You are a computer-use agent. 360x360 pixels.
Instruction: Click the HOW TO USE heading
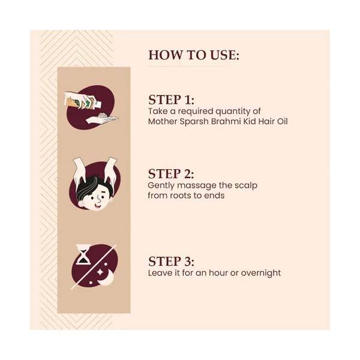tap(194, 55)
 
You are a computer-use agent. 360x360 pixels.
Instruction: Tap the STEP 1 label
tap(171, 100)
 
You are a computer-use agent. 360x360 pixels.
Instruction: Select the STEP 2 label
tap(171, 174)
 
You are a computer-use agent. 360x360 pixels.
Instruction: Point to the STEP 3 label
tap(171, 262)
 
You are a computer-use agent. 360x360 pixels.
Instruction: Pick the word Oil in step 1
tap(282, 121)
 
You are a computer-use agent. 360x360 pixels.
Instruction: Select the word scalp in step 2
tap(245, 186)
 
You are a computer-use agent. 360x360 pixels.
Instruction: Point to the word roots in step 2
tap(176, 196)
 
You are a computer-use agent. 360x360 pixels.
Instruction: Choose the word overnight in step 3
tap(261, 273)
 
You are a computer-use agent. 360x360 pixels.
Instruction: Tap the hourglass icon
tap(83, 255)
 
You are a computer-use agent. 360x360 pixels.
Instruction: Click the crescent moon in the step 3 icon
tap(107, 278)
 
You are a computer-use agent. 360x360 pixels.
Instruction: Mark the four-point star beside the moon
tap(100, 272)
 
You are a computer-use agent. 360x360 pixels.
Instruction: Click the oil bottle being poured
tap(83, 101)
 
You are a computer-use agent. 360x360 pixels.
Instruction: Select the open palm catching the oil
tap(102, 119)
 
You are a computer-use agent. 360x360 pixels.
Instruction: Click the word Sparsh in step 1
tap(194, 121)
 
